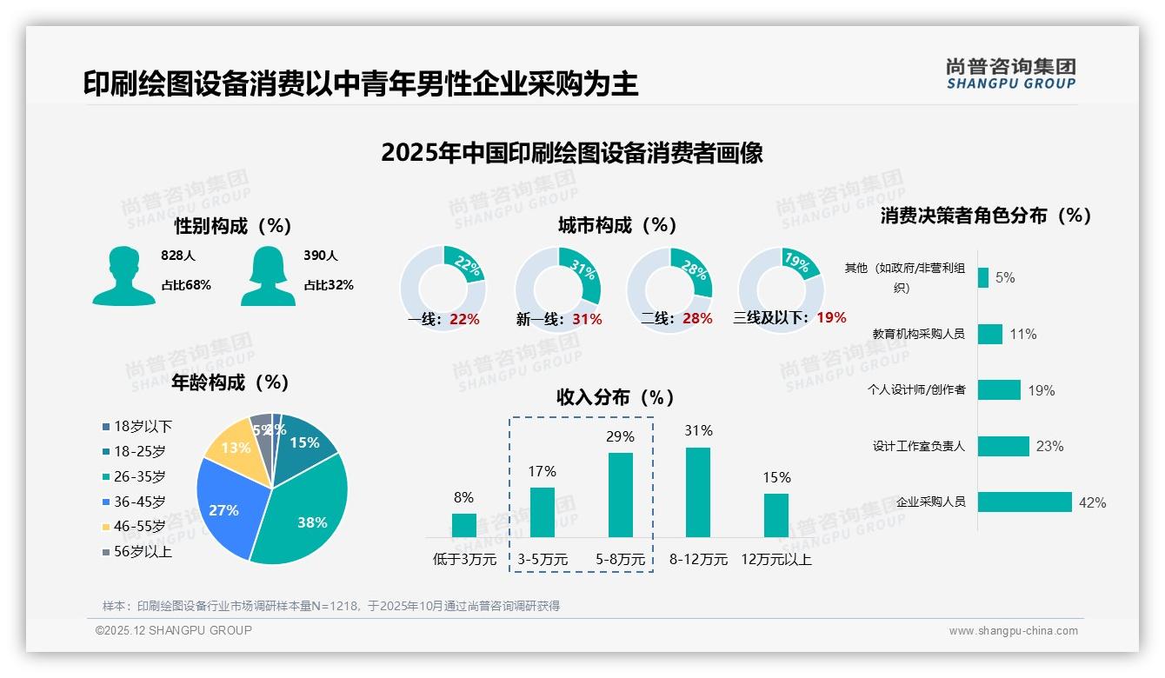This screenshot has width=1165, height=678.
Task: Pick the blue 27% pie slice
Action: coord(223,508)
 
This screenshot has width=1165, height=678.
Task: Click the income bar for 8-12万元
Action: coord(698,492)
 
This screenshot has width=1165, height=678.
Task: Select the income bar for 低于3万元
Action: coord(463,525)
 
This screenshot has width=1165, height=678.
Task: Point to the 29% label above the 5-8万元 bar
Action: coord(620,436)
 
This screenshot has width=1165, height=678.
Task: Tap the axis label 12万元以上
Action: coord(776,560)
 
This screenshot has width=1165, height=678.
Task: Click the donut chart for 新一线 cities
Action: coord(558,289)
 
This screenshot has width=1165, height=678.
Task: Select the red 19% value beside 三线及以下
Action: coord(831,317)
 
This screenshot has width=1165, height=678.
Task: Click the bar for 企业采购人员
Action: coord(1024,502)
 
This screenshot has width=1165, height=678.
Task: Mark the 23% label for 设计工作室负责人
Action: coord(1049,446)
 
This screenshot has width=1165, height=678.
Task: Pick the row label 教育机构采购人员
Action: coord(918,334)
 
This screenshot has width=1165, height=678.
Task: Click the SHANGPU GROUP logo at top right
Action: coord(1011,74)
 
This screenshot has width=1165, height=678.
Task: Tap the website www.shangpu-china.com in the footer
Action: coord(1013,631)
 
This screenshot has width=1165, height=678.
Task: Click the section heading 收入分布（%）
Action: coord(616,397)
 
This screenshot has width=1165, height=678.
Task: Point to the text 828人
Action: coord(178,256)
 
